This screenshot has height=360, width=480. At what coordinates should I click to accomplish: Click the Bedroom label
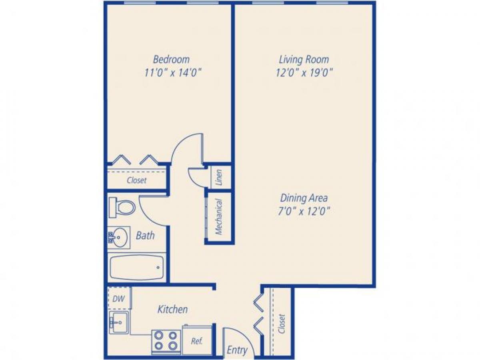tap(171, 60)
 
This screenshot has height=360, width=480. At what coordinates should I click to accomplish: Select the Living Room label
tap(304, 60)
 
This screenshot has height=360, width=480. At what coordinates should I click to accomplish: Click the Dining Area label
tap(304, 198)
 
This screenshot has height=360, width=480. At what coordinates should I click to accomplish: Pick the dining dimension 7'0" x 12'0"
tap(304, 211)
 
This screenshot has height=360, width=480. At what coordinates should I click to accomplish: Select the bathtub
tap(136, 267)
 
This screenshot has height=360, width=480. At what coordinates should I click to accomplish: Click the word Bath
tap(145, 235)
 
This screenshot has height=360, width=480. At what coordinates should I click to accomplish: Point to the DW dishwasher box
tap(119, 298)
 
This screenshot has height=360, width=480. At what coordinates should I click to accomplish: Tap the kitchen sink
tap(118, 322)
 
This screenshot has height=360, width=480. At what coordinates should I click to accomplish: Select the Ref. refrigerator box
tap(197, 341)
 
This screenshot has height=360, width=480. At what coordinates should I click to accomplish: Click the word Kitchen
tap(172, 309)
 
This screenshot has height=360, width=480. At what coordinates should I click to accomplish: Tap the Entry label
tap(237, 350)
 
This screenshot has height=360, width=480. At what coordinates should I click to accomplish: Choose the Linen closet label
tap(219, 177)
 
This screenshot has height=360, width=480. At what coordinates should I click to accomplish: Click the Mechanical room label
tap(219, 217)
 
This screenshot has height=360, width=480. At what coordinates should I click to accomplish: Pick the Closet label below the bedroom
tap(136, 180)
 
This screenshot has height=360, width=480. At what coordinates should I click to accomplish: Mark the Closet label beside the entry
tap(282, 323)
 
